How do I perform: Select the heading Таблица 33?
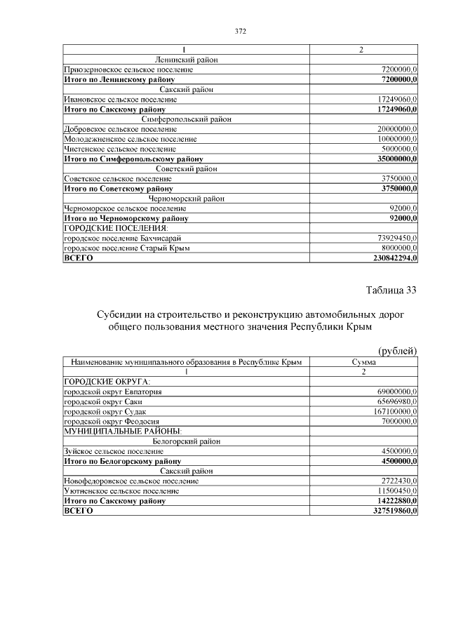coord(391,290)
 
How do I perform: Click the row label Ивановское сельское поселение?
coord(120,100)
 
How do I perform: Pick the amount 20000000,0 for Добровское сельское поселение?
coord(397,129)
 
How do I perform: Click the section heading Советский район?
coord(186,169)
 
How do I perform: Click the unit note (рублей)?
coord(398,351)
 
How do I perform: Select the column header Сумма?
coord(363,362)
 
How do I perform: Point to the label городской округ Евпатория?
coord(113,392)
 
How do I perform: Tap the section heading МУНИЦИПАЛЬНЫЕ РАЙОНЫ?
coord(123,431)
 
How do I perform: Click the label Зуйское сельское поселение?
coord(111,451)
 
